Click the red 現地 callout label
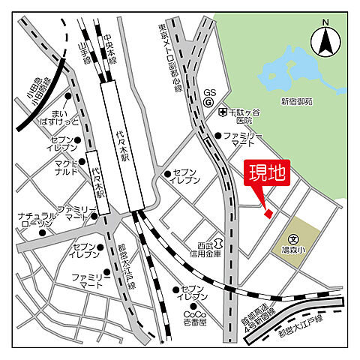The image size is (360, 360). (267, 174)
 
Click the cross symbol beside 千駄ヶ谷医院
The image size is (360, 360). (223, 112)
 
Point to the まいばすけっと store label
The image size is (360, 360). (58, 116)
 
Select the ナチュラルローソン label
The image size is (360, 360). (36, 220)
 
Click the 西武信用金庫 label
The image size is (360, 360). (205, 249)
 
